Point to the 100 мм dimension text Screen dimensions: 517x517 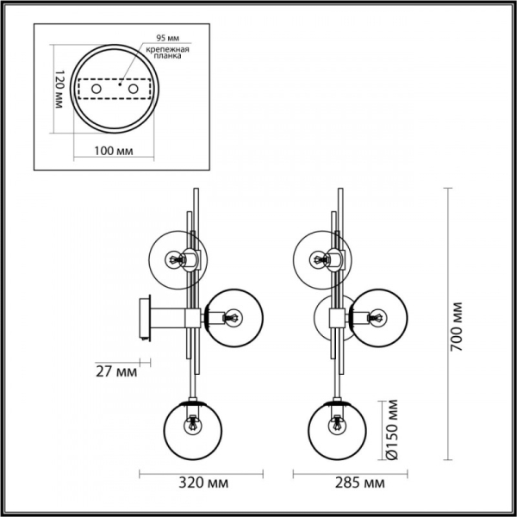point(112,151)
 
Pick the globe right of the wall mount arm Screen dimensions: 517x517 point(233,317)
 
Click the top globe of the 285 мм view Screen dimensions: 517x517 point(321,258)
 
